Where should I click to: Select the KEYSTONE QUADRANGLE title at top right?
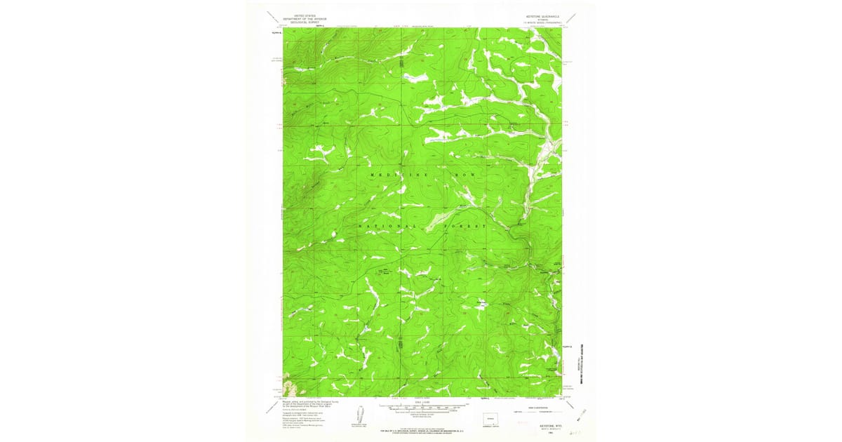(539, 15)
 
